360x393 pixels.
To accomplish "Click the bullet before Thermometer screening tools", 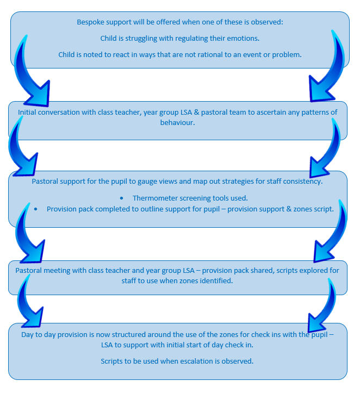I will pyautogui.click(x=121, y=198).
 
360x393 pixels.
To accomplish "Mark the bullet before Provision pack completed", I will pyautogui.click(x=35, y=209).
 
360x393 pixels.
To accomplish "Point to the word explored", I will pyautogui.click(x=309, y=270).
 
